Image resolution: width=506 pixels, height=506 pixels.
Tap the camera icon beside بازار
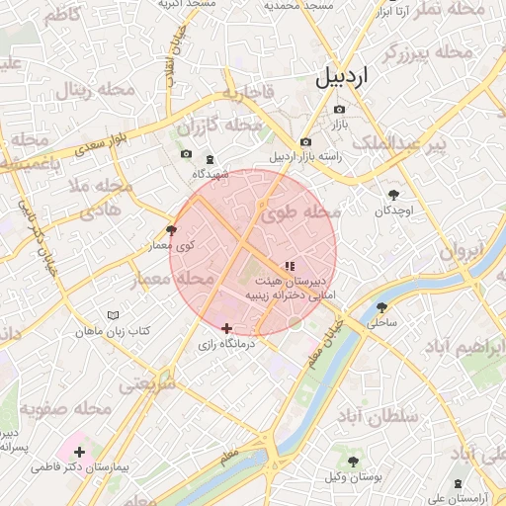[340, 110]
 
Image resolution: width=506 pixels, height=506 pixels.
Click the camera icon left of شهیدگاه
[186, 154]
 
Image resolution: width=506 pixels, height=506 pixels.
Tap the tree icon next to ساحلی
[381, 307]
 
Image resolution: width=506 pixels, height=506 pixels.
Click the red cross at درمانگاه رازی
[227, 328]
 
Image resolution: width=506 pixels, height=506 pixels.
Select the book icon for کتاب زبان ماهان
[112, 316]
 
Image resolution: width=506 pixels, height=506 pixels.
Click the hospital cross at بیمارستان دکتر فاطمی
[79, 452]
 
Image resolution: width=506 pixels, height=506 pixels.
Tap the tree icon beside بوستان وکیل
[354, 462]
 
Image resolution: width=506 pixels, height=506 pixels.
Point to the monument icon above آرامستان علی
[457, 484]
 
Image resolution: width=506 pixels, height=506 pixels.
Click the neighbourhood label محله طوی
[301, 212]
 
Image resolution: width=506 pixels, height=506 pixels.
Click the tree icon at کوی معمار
[171, 229]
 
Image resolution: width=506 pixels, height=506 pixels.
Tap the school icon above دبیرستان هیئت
[289, 266]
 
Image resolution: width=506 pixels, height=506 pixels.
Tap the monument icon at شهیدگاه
[209, 160]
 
